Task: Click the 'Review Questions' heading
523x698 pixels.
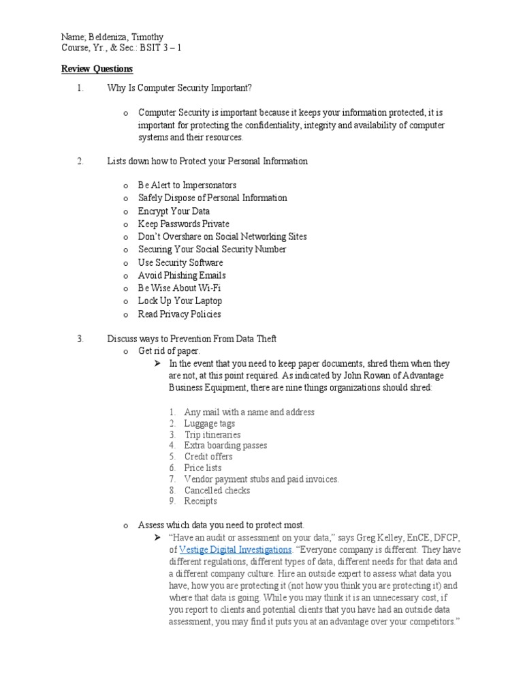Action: coord(97,69)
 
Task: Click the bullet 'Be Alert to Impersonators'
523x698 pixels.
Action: coord(187,185)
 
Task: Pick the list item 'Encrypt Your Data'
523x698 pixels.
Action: coord(174,211)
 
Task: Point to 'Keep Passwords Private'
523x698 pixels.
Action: coord(183,224)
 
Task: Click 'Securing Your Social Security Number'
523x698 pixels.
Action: coord(212,249)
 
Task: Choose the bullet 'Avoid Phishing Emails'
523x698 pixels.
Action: coord(182,275)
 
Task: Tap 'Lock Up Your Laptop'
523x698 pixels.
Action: coord(180,301)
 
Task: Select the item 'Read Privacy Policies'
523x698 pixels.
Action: coord(179,314)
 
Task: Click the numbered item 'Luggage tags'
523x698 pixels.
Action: coord(209,423)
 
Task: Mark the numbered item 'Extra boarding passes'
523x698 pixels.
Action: coord(225,445)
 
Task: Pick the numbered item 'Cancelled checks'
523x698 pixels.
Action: coord(217,490)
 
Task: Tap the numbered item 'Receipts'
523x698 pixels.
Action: coord(200,501)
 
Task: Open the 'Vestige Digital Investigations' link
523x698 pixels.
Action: coord(235,549)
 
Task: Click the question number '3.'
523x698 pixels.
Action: coord(80,339)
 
